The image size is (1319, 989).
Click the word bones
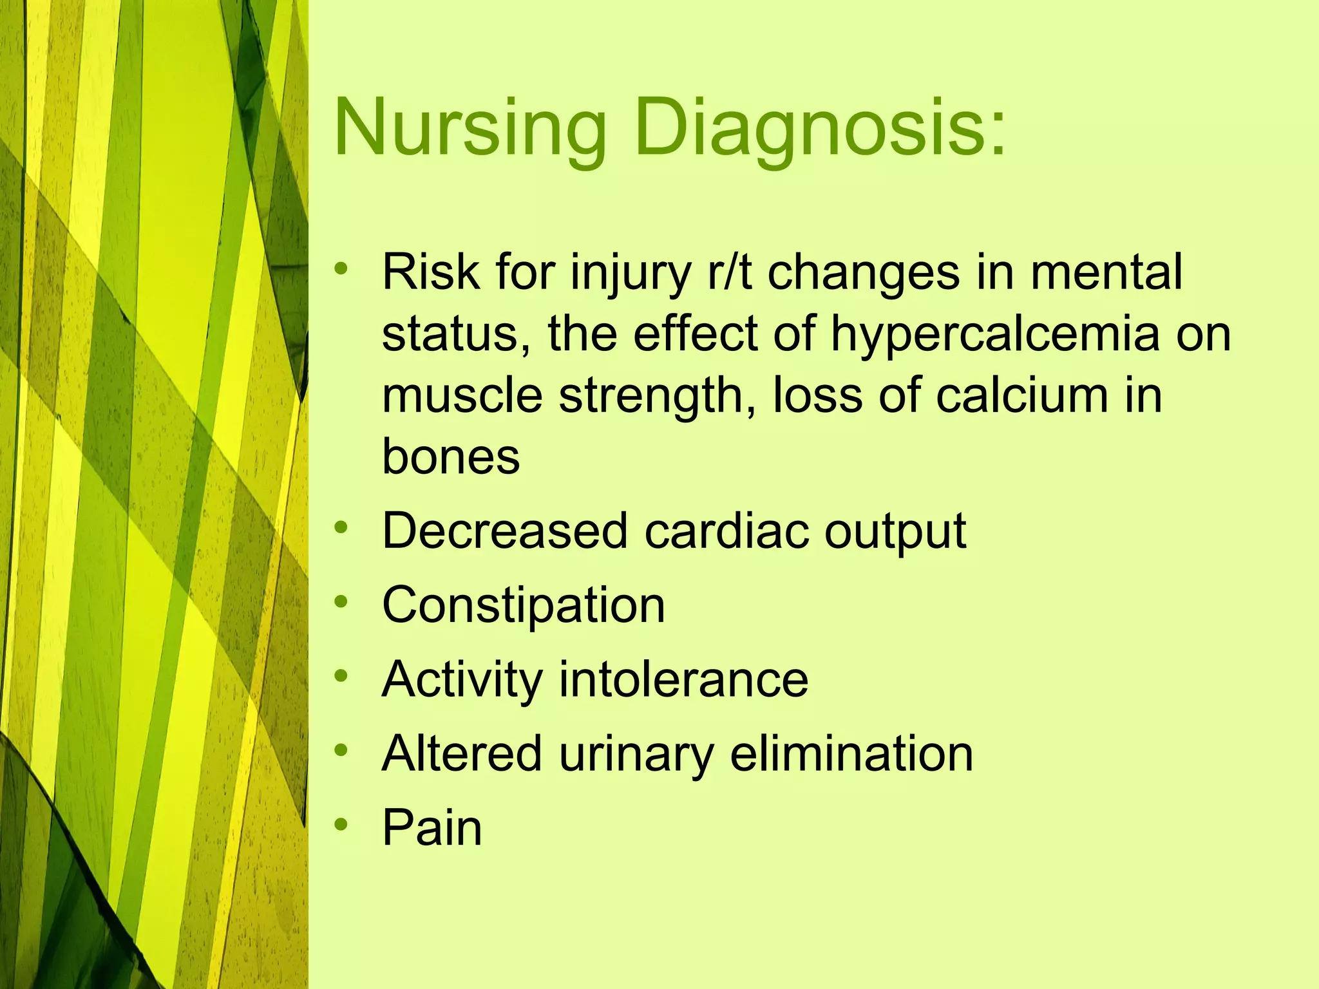coord(451,457)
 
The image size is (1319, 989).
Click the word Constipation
coord(523,606)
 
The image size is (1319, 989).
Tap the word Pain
coord(432,828)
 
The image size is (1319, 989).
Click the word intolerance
coord(683,680)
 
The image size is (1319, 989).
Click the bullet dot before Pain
coord(341,824)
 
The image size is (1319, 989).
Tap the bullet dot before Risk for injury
coord(341,268)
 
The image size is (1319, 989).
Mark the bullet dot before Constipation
coord(341,602)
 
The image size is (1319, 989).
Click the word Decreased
coord(504,532)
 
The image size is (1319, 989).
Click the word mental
coord(1106,272)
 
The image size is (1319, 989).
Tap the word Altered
coord(461,754)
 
